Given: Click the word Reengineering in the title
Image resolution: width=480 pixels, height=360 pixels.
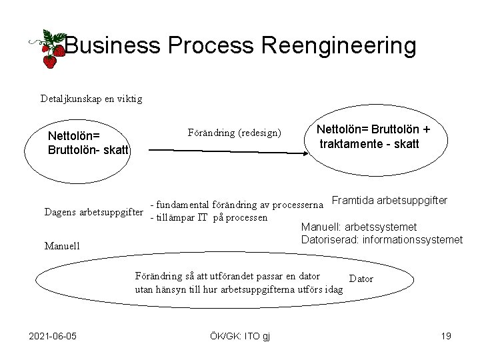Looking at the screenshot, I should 339,46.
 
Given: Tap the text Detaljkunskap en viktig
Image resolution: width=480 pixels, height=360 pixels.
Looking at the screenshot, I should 91,99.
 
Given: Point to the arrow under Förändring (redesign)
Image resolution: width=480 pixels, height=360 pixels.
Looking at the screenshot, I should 227,151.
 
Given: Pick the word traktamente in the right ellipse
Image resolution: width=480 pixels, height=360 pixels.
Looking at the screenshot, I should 353,144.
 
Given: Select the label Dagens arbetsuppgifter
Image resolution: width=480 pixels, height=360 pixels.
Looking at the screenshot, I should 94,213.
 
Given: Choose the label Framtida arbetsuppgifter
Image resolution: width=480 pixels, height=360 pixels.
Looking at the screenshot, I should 389,200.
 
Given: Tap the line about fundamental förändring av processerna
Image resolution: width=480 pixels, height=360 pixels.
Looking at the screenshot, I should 238,204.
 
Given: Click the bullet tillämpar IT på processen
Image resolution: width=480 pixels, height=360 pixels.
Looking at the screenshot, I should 209,217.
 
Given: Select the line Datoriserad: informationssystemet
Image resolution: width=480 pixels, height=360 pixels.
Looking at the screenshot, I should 382,239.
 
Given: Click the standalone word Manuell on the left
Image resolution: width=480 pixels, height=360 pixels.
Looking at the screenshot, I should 63,246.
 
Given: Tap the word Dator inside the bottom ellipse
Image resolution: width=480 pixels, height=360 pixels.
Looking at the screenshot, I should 361,279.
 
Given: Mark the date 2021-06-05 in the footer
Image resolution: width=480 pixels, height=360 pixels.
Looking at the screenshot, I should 53,335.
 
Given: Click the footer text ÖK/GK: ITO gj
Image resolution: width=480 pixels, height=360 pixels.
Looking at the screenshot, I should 240,335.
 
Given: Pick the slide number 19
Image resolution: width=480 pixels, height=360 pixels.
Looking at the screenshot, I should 446,335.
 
